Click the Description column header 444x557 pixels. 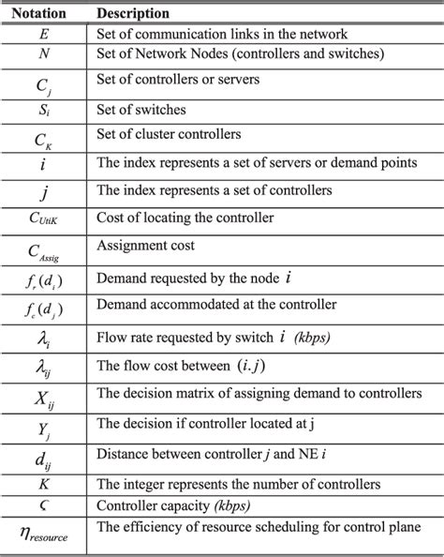pyautogui.click(x=133, y=14)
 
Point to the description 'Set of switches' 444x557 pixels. pyautogui.click(x=142, y=110)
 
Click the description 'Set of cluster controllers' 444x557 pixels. pyautogui.click(x=174, y=136)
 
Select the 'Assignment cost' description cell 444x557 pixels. pyautogui.click(x=144, y=246)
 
